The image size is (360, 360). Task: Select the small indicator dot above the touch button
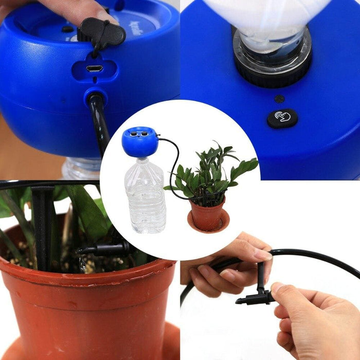point(278,99)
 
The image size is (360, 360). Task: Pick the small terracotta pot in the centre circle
point(207,215)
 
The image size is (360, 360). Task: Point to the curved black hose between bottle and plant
point(172,170)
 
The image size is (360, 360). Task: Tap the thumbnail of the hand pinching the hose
point(262,255)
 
